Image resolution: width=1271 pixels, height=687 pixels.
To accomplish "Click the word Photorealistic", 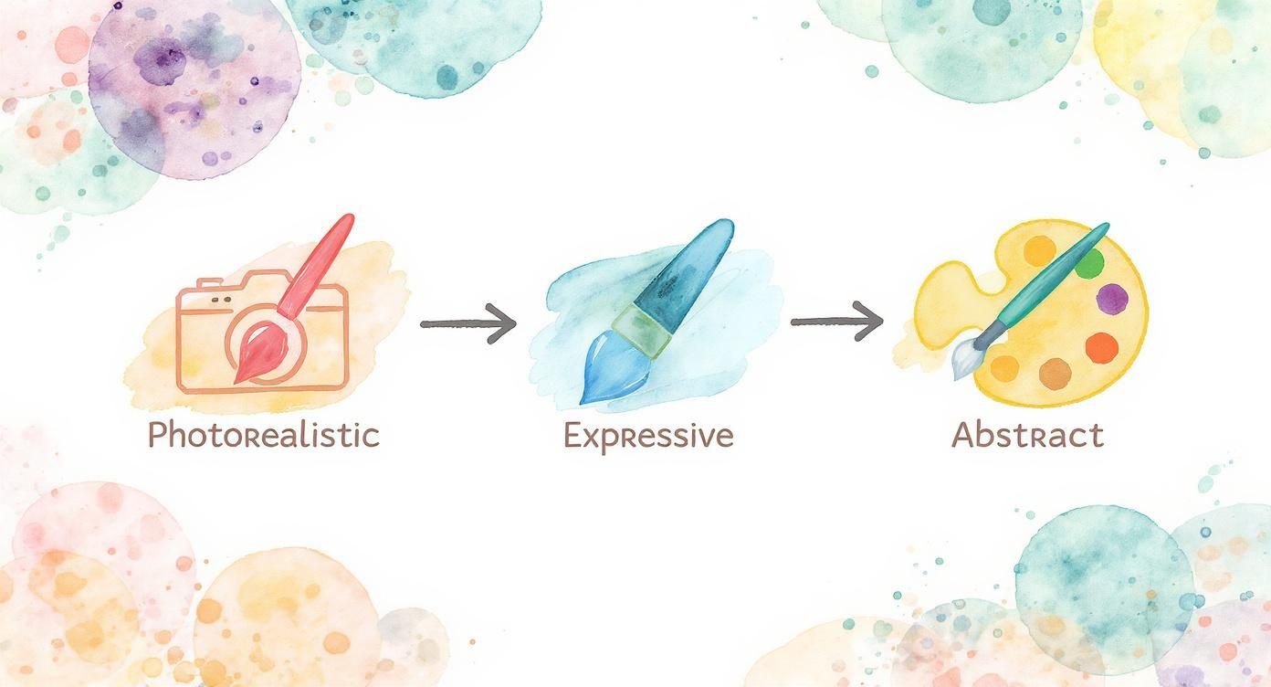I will tap(263, 436).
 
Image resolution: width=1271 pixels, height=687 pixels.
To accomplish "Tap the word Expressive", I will tap(648, 436).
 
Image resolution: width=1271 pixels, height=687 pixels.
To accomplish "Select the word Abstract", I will tap(1027, 436).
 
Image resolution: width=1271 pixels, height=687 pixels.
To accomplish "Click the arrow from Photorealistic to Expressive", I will tap(467, 323).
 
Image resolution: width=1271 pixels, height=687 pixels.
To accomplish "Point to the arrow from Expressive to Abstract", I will tap(836, 322).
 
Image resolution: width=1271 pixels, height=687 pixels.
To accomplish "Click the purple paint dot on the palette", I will tap(1111, 298).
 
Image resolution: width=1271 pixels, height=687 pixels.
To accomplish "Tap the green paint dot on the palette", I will tap(1090, 264).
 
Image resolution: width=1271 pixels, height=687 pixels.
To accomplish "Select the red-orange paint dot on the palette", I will tap(1103, 345).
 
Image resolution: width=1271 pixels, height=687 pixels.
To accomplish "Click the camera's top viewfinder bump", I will tap(215, 279).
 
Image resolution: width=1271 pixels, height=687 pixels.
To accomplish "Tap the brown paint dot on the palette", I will tap(1056, 373).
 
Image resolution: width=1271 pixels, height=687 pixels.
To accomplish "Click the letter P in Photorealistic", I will tap(157, 436).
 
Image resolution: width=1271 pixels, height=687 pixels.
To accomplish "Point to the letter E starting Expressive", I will tap(573, 436).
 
